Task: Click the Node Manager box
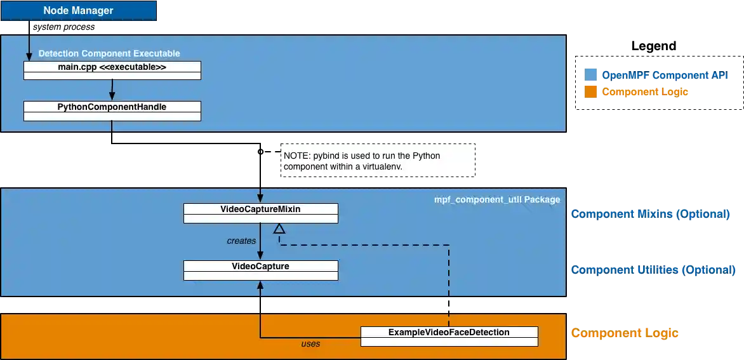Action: [x=78, y=11]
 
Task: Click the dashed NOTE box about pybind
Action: [x=378, y=160]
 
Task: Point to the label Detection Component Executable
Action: [x=109, y=53]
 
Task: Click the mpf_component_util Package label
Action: [x=497, y=199]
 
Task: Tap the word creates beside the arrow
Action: [x=241, y=241]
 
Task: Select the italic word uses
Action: [x=310, y=344]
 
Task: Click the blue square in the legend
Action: [x=590, y=75]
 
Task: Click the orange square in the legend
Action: [x=590, y=92]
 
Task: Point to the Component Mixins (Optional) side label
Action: [x=651, y=214]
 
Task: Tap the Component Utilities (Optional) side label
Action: [x=653, y=270]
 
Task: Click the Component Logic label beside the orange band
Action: [x=625, y=333]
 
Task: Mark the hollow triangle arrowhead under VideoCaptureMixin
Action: [x=279, y=229]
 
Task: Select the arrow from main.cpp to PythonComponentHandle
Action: [x=112, y=90]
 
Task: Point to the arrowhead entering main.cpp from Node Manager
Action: [x=29, y=58]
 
